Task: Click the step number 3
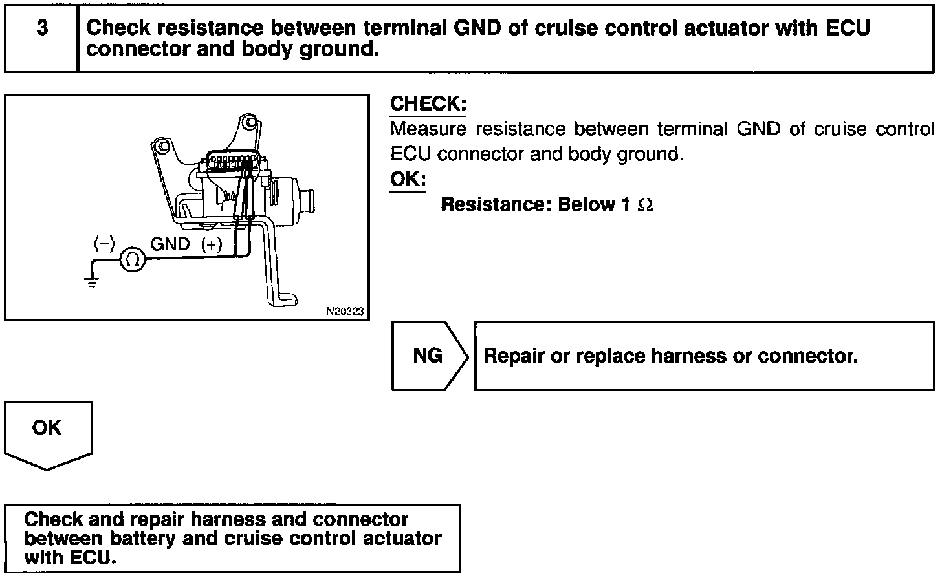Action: tap(42, 29)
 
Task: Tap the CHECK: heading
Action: tap(428, 104)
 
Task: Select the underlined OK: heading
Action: tap(408, 179)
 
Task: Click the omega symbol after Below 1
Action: tap(645, 205)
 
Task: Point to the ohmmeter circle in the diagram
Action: tap(133, 260)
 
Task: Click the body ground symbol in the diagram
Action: tap(93, 280)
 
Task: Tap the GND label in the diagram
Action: tap(170, 244)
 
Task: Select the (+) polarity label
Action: tap(211, 244)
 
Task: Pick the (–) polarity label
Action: tap(104, 244)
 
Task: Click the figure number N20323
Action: tap(345, 312)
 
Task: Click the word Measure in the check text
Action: tap(428, 129)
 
